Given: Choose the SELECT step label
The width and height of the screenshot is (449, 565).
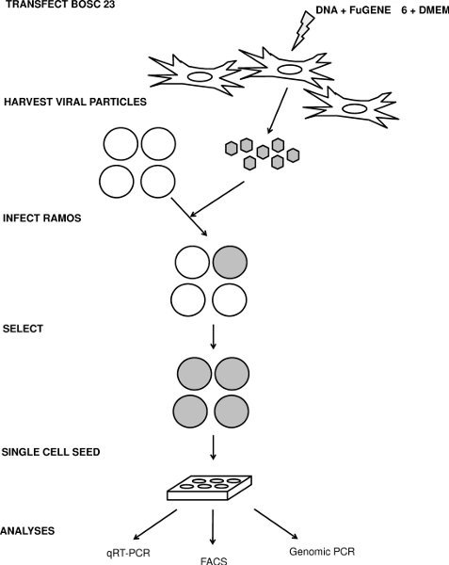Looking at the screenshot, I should tap(24, 331).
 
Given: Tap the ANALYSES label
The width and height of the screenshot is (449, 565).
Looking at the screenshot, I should tap(27, 531).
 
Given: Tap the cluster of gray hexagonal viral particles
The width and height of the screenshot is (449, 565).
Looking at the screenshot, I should tap(261, 153).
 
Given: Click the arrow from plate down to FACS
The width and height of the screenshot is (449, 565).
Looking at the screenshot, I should tap(216, 526).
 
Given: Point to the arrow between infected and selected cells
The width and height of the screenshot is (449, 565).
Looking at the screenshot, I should tap(216, 334).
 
